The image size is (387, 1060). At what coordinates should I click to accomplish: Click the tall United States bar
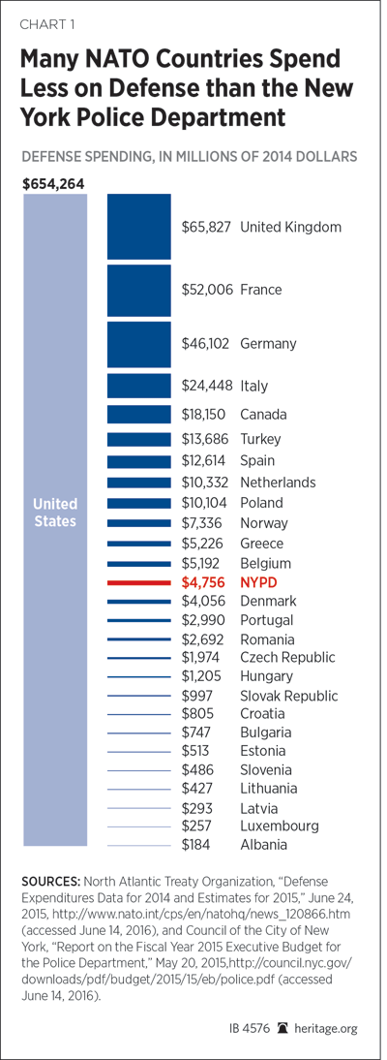[x=55, y=519]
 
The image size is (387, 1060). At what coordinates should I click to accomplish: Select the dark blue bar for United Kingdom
[x=138, y=227]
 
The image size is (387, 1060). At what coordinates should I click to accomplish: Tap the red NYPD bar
[x=138, y=581]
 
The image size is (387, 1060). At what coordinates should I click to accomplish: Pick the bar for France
[x=138, y=290]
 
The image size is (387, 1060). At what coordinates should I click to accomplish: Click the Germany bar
[x=138, y=344]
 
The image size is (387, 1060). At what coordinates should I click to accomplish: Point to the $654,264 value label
[x=53, y=184]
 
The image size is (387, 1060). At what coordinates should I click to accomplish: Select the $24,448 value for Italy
[x=207, y=386]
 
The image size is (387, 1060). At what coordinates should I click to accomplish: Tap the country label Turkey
[x=260, y=440]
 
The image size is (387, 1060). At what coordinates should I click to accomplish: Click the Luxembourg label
[x=280, y=826]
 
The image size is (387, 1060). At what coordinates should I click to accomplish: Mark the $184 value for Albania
[x=197, y=844]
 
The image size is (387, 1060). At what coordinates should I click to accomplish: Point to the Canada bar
[x=138, y=414]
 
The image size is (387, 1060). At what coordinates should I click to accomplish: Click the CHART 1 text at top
[x=46, y=26]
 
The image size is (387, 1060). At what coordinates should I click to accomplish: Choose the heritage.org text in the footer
[x=330, y=1028]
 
